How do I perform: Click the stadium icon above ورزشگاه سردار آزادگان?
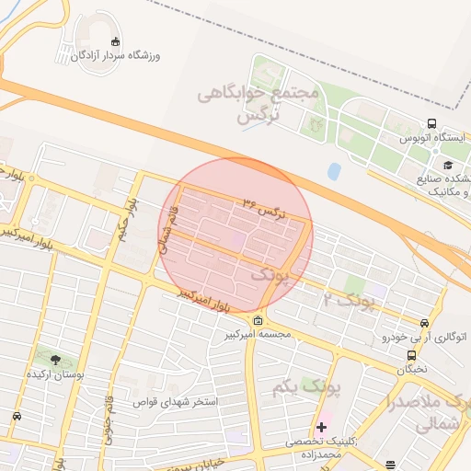click(115, 41)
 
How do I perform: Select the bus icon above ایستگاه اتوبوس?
click(431, 124)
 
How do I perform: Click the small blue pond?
click(334, 171)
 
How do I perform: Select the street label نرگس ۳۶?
click(265, 205)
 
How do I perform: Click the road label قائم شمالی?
click(170, 228)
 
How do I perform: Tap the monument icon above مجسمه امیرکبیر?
click(257, 320)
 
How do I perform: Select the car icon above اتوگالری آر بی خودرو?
click(423, 324)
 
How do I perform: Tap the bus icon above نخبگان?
click(411, 356)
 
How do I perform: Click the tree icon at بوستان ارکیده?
click(55, 360)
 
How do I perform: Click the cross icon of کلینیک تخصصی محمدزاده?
click(321, 428)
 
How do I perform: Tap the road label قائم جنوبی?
click(109, 411)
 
